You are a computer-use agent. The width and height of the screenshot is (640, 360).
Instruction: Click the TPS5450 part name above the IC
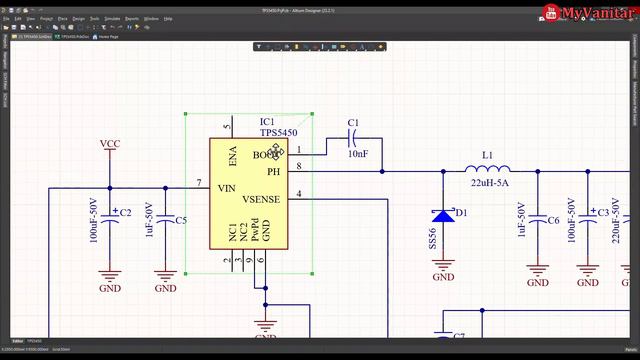tap(278, 132)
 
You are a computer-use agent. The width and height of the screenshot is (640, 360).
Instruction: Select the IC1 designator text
tap(267, 122)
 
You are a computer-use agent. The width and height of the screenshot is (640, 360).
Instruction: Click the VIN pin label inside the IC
tap(226, 187)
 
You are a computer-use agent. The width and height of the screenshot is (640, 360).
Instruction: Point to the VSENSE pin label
tap(261, 199)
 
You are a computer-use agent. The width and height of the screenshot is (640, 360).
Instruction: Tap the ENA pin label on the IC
tap(233, 155)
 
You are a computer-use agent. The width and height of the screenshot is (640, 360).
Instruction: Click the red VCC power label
tap(110, 145)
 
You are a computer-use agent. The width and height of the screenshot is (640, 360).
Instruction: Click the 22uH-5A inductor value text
tap(489, 184)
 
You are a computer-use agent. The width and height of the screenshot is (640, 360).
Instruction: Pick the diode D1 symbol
tap(443, 214)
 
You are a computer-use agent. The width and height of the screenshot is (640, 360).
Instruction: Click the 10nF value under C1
tap(358, 154)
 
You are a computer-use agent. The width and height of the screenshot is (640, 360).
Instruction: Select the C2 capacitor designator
tap(126, 214)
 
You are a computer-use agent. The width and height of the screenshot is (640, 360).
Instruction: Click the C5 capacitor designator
tap(181, 220)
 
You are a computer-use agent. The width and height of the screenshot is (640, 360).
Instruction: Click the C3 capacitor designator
tap(603, 213)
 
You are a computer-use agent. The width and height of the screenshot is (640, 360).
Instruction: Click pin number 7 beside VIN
tap(199, 183)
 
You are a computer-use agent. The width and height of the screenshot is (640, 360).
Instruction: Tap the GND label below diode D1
tap(443, 278)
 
